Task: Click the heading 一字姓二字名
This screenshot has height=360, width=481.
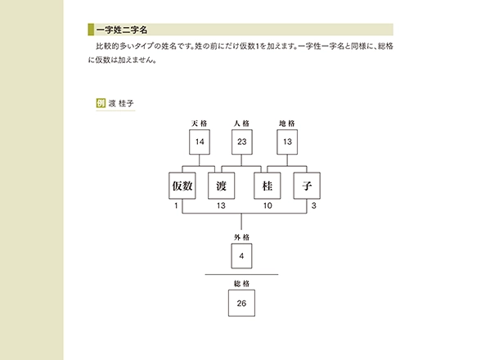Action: (122, 29)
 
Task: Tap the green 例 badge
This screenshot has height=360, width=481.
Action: (101, 103)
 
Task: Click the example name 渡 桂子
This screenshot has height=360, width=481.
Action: (121, 103)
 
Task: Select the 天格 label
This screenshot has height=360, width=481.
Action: (200, 124)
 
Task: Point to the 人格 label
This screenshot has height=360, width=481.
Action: (241, 124)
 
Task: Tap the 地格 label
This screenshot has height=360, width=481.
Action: (287, 124)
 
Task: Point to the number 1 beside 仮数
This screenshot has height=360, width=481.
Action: (176, 205)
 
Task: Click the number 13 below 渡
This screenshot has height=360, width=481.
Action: (221, 205)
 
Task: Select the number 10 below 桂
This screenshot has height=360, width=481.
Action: (267, 205)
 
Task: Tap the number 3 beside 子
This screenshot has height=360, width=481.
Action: (314, 205)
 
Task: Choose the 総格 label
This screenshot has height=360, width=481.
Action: (242, 284)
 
